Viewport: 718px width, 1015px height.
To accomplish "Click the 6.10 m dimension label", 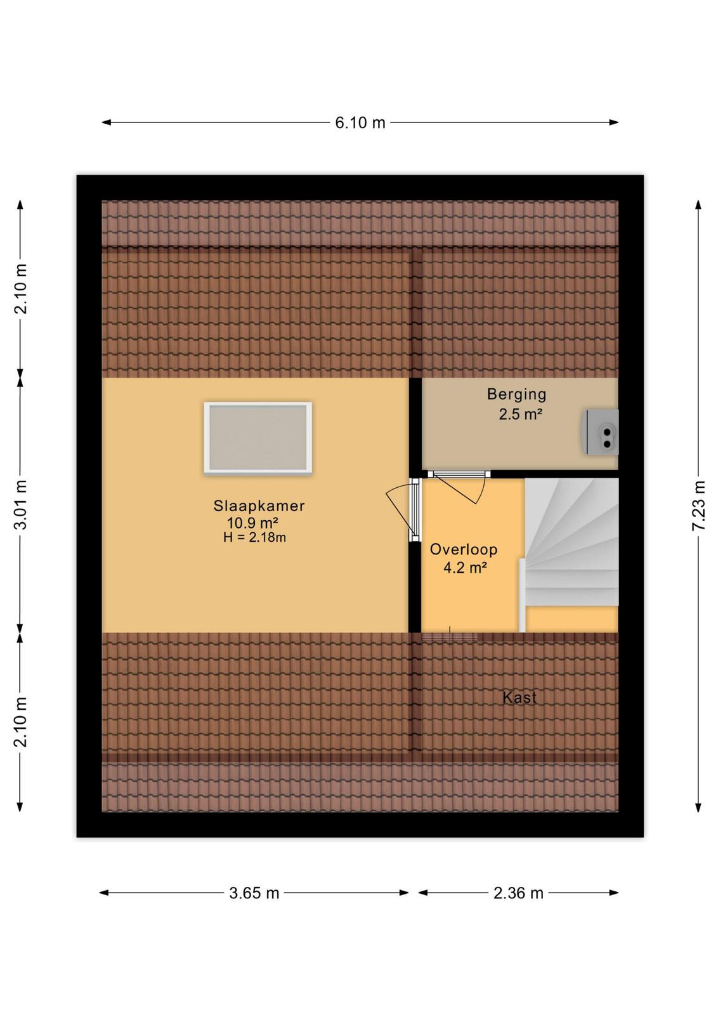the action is tap(360, 122).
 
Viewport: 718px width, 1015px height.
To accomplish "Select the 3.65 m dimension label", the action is tap(254, 893).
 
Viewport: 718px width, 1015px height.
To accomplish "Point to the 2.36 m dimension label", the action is tap(518, 893).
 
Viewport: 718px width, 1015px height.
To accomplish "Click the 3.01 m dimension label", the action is tap(21, 504).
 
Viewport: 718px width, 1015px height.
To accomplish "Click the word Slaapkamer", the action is tap(259, 506).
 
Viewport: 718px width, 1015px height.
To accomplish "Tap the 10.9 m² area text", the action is tap(252, 523).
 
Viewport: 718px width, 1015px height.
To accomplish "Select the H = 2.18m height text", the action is tap(254, 538).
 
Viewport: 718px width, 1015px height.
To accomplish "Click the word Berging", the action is tap(517, 395).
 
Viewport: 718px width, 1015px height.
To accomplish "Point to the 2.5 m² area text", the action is tap(521, 414).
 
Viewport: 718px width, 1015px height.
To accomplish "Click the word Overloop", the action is tap(464, 549).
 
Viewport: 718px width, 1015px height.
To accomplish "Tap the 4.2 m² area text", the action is tap(465, 567).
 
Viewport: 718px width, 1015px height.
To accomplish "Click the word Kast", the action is tap(519, 697).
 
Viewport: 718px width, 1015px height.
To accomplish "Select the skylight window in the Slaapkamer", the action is tap(258, 438).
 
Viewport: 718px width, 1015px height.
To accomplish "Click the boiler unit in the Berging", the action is tap(600, 432).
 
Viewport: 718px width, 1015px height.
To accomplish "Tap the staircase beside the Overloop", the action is tap(571, 542).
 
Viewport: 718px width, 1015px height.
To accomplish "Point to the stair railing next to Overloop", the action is tap(522, 596).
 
